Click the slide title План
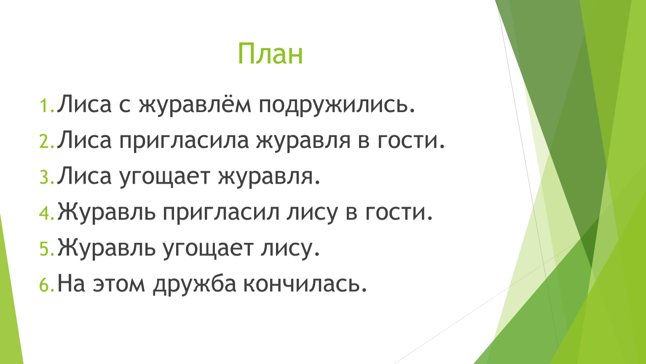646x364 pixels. (x=270, y=54)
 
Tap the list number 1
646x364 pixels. (x=47, y=106)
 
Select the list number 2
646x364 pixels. (x=47, y=142)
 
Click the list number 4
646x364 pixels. (x=47, y=214)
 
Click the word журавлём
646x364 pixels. (x=195, y=104)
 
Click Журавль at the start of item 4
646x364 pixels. (x=107, y=213)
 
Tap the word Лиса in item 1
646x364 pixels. (x=84, y=103)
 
